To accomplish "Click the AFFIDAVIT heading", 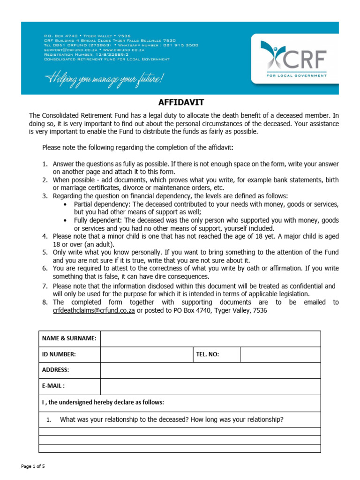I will click(180, 103).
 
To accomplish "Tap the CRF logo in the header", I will click(294, 57).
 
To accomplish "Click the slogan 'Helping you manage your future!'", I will click(104, 79).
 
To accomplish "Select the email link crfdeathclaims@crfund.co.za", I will click(94, 310).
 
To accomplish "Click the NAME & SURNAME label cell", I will click(69, 338).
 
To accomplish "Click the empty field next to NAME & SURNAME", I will click(210, 338).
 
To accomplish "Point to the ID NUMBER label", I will click(59, 355).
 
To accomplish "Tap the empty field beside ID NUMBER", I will click(146, 355).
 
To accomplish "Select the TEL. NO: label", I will click(207, 355).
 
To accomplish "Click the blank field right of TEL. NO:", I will click(280, 355).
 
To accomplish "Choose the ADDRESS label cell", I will click(56, 370).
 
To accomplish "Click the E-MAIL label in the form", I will click(53, 386).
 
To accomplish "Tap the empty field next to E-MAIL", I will click(210, 386).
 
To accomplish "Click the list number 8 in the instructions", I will click(45, 302).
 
